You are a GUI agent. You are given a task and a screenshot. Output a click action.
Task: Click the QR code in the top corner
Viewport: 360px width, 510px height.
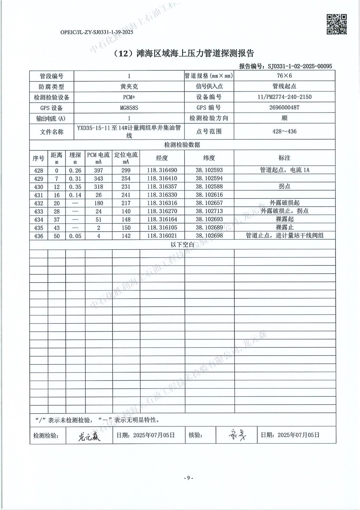(337, 24)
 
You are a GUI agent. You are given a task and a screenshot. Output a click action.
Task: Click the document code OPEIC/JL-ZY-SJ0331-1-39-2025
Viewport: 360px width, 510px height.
(97, 32)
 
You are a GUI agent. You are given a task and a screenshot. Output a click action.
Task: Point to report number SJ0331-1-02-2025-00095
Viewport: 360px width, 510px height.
(300, 66)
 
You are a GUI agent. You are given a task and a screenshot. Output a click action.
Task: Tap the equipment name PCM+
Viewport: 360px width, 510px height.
(129, 97)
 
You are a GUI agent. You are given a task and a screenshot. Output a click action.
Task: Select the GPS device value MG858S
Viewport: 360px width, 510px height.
(129, 108)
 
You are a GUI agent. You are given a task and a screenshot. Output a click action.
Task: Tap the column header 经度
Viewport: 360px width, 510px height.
(162, 158)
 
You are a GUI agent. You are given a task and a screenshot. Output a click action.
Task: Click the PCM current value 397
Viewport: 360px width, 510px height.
(98, 170)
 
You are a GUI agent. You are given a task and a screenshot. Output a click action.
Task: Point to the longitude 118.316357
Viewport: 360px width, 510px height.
(162, 186)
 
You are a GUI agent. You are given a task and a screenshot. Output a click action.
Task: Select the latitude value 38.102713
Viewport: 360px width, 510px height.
(209, 211)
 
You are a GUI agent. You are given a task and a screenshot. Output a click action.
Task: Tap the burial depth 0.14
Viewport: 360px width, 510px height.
(75, 195)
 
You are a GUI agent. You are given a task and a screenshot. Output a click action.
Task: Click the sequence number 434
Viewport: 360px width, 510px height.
(39, 219)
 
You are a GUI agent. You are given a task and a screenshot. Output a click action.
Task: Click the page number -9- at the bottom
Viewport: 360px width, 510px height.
(189, 477)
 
